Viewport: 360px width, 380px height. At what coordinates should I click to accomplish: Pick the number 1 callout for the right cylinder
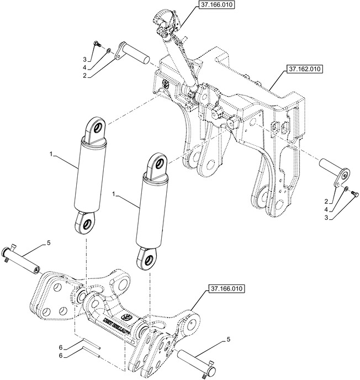(x=114, y=194)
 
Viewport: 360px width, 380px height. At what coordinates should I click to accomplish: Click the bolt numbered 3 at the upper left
(x=97, y=44)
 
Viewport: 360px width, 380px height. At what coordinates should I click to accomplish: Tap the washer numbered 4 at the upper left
(x=110, y=51)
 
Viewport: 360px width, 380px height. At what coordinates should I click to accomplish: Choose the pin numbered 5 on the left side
(x=24, y=256)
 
